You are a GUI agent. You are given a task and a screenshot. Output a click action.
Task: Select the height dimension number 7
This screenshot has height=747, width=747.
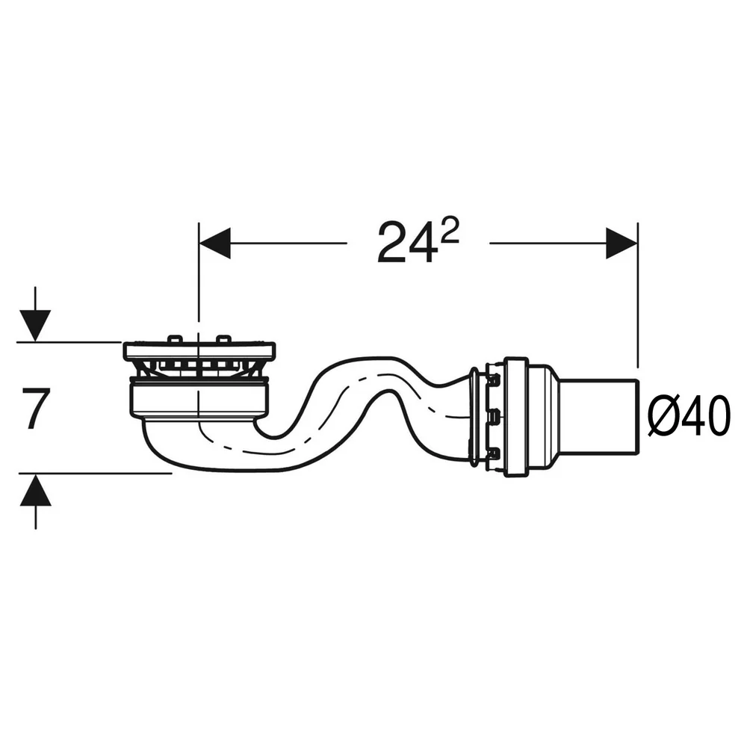click(36, 409)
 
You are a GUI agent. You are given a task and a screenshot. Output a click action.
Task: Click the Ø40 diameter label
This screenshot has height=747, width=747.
click(689, 415)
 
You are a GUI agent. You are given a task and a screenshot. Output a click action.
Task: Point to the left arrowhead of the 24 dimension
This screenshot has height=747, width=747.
click(214, 243)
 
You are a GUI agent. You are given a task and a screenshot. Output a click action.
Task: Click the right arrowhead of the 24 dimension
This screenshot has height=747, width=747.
click(622, 243)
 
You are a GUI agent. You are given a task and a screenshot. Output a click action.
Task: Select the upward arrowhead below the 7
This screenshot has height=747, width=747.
click(35, 490)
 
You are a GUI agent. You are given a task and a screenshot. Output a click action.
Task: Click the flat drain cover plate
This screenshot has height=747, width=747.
click(199, 350)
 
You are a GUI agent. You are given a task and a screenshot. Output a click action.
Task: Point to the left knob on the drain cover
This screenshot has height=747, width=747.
click(174, 338)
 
